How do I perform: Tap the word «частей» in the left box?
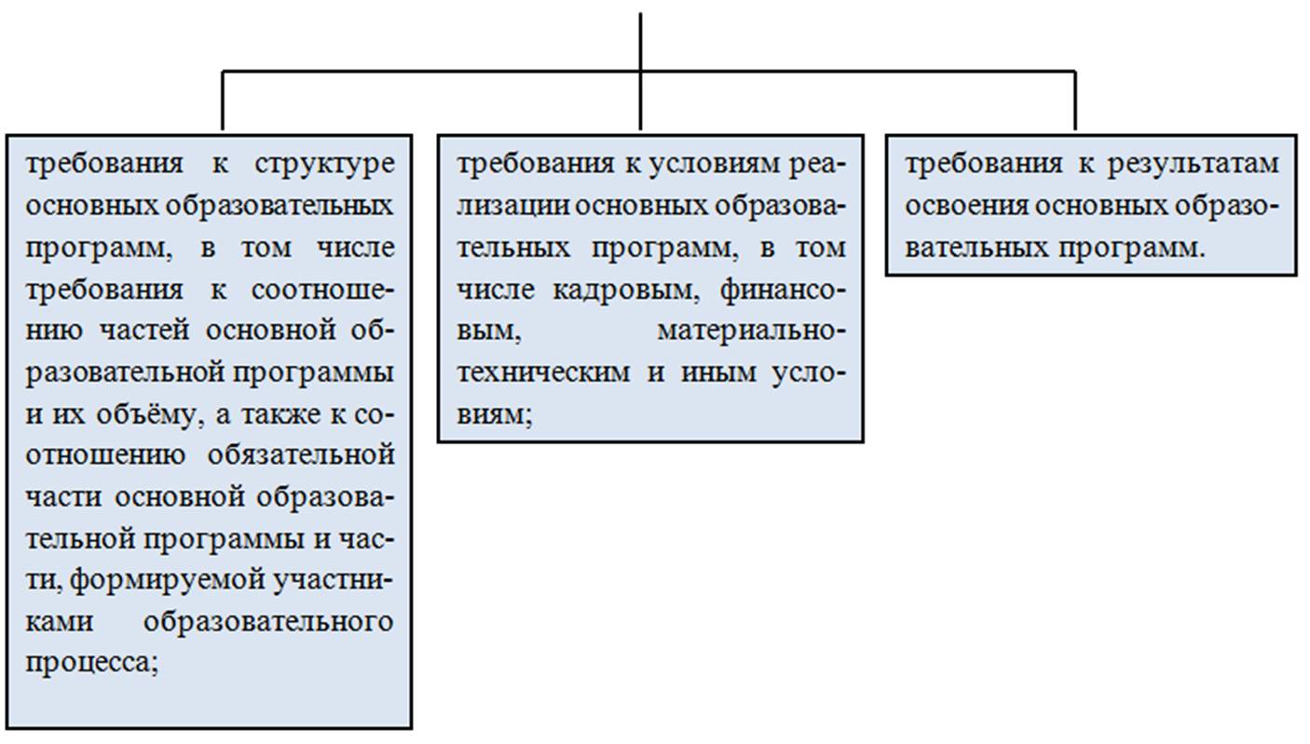[144, 331]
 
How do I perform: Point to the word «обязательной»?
[301, 455]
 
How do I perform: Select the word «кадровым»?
[626, 291]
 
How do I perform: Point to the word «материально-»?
[752, 331]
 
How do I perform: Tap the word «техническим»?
[544, 372]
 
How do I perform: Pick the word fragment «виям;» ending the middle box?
[495, 415]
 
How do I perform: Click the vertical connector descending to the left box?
[223, 101]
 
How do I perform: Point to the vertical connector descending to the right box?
[1075, 101]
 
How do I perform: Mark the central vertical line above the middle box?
[640, 72]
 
